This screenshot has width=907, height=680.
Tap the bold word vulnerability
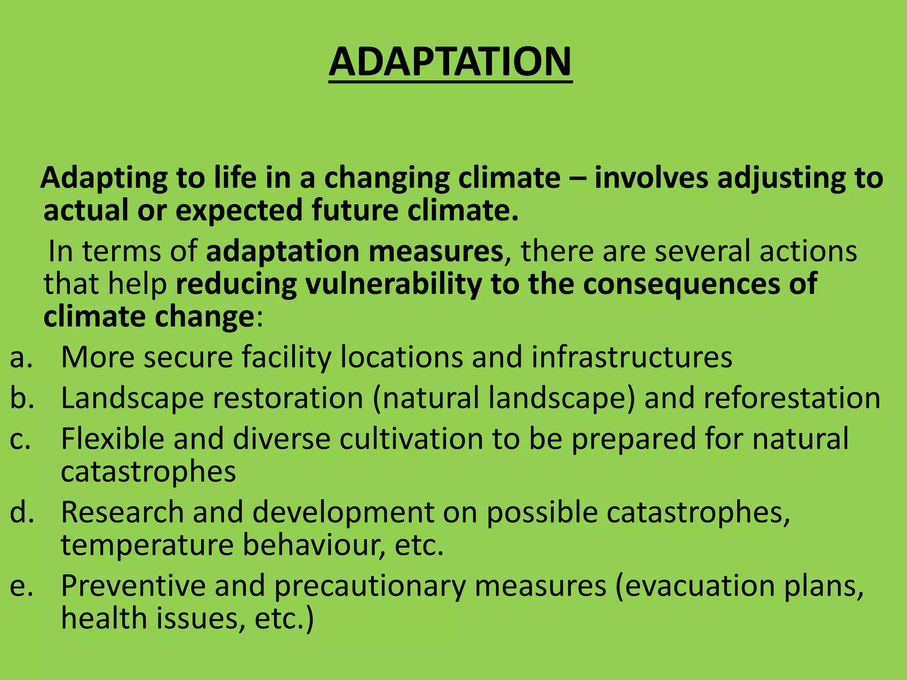point(394,284)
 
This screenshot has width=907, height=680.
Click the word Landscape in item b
point(133,398)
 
